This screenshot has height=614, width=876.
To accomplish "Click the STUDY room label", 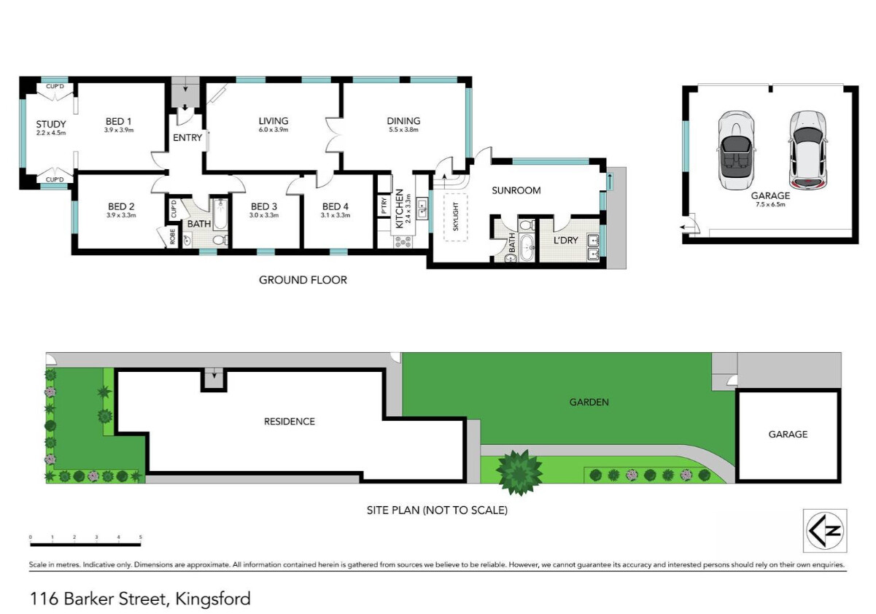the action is click(x=51, y=125).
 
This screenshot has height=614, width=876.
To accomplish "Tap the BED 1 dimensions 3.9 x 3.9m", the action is click(x=119, y=131).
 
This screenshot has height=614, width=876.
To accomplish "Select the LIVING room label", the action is click(x=274, y=121).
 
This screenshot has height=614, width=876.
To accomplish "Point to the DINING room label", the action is click(x=403, y=121).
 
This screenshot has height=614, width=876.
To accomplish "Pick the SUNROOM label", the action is click(x=516, y=190).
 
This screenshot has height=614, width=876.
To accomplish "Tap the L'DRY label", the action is click(x=566, y=240).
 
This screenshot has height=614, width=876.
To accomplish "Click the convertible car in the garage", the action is click(x=736, y=150).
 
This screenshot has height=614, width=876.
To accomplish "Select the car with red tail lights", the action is click(x=807, y=150).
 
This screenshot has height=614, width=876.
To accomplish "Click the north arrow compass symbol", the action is click(x=825, y=531).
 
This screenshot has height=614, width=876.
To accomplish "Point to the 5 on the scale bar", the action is click(x=140, y=537).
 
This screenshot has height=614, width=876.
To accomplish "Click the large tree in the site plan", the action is click(x=519, y=473).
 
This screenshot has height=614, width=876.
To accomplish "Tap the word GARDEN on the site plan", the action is click(x=589, y=402).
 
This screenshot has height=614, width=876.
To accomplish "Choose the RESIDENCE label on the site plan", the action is click(x=290, y=421).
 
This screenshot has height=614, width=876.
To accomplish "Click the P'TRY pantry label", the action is click(x=384, y=206).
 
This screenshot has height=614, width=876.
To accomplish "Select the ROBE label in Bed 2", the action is click(x=172, y=236).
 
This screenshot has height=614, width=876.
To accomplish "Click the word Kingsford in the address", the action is click(x=213, y=599).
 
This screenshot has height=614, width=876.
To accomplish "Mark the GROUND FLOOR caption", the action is click(x=303, y=280).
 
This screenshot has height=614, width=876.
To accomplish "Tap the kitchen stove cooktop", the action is click(x=403, y=241).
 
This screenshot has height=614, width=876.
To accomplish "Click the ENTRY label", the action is click(x=187, y=138).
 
